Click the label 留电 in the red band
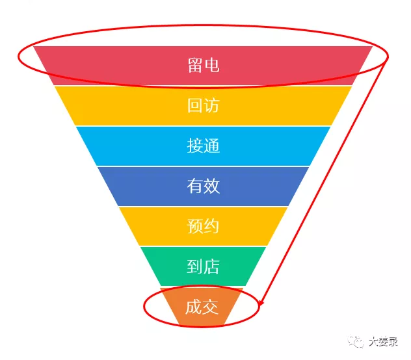203,65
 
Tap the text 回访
203,105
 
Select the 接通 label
203,146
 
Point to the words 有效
203,186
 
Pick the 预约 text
203,226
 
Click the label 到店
203,266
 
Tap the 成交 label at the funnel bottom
202,307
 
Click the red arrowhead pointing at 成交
261,303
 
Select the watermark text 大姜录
383,342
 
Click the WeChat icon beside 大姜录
356,341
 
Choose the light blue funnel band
203,146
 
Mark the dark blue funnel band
203,186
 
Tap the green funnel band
203,266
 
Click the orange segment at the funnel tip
202,306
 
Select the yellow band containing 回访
203,106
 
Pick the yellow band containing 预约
203,226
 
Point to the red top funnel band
203,66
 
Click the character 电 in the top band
212,65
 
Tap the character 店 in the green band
211,266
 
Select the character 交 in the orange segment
210,307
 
